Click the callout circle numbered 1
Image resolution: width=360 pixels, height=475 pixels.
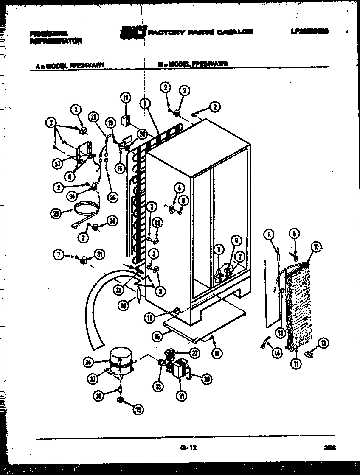click(x=146, y=102)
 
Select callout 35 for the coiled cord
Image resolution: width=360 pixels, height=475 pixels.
click(x=55, y=214)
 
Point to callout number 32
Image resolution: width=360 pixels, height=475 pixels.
click(x=157, y=222)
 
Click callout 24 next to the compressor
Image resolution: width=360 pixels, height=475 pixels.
click(x=88, y=362)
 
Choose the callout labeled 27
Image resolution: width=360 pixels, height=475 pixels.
click(x=94, y=377)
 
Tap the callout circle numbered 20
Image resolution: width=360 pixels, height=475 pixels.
click(x=206, y=380)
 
